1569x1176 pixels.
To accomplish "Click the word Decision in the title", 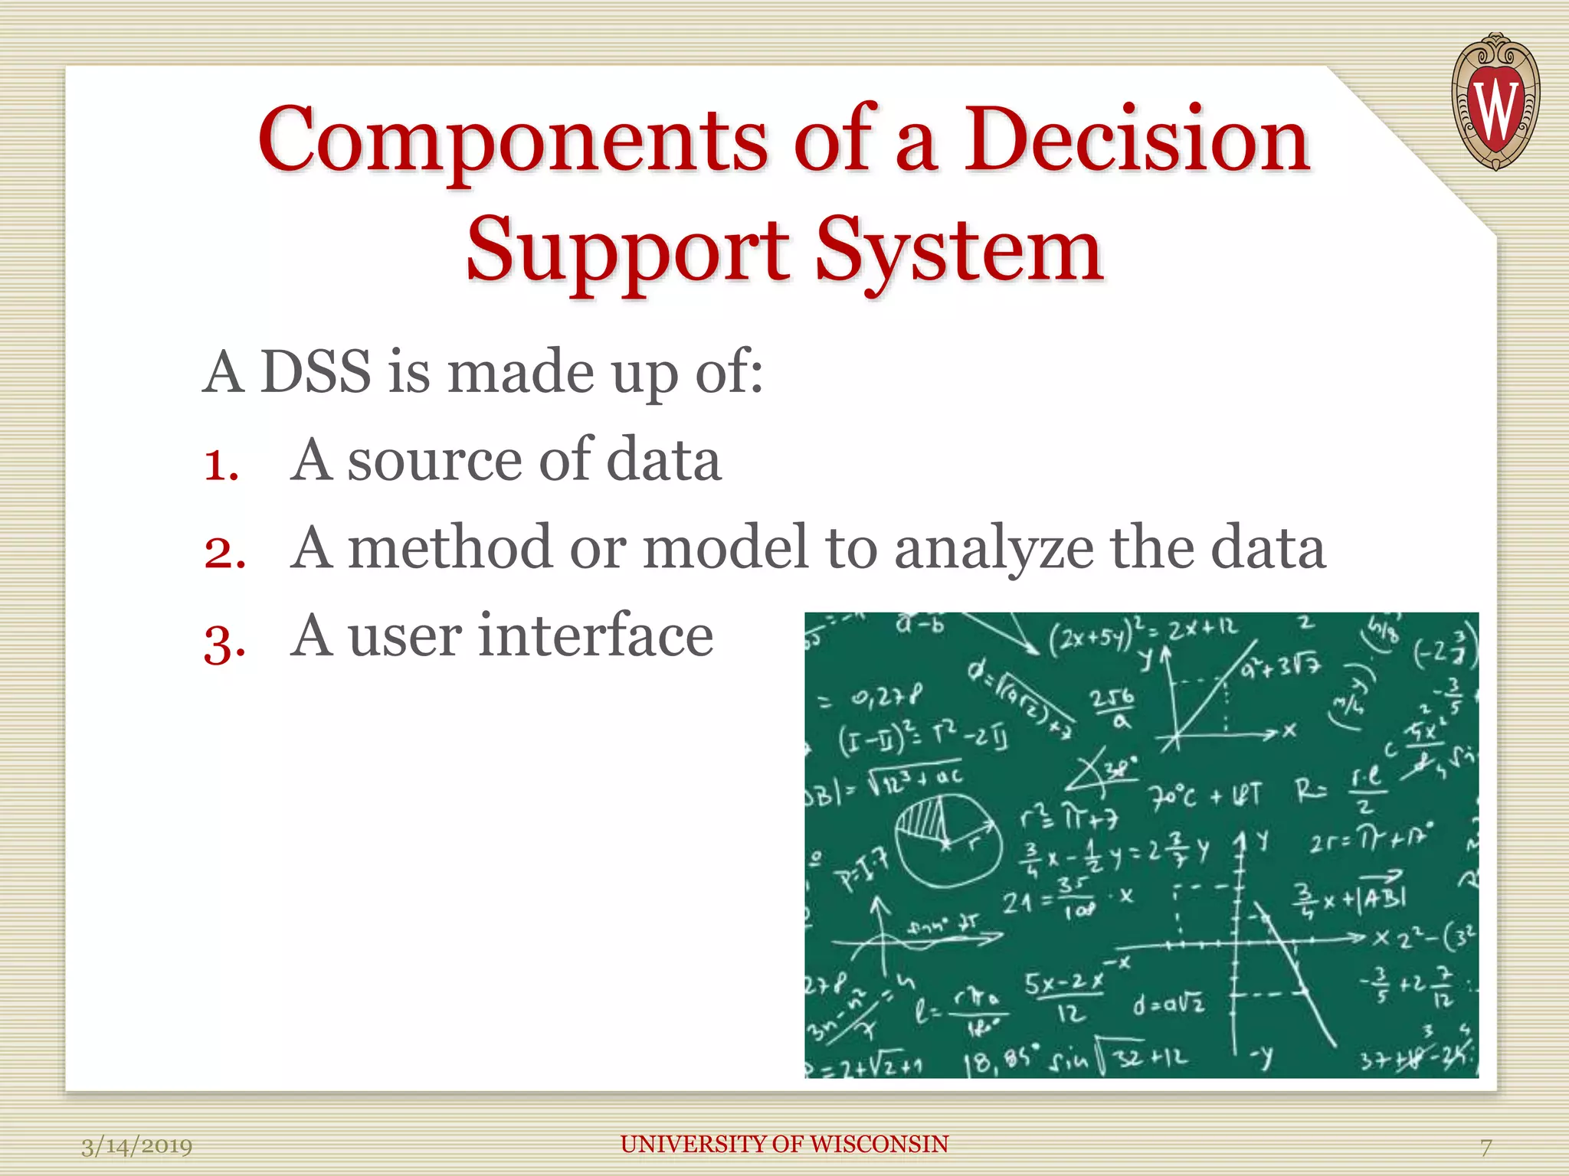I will pyautogui.click(x=1136, y=139).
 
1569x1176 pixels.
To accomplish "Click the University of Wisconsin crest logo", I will pyautogui.click(x=1495, y=103).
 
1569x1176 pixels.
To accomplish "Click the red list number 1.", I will pyautogui.click(x=221, y=465).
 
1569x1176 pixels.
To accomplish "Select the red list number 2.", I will pyautogui.click(x=224, y=553).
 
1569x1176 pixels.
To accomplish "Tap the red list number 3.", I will pyautogui.click(x=224, y=642).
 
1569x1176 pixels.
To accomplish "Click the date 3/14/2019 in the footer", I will pyautogui.click(x=136, y=1146).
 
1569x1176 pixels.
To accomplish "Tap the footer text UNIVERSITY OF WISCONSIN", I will pyautogui.click(x=784, y=1144).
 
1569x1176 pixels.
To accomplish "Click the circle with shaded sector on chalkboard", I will pyautogui.click(x=948, y=841).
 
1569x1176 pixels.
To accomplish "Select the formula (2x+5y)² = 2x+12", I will pyautogui.click(x=1142, y=632).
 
